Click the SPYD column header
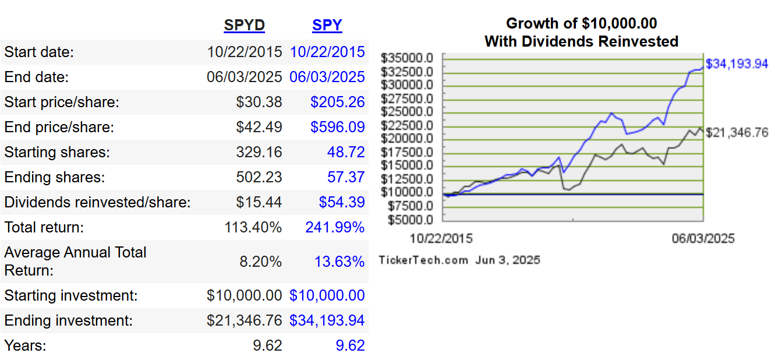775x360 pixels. (x=244, y=26)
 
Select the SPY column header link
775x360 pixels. (x=327, y=26)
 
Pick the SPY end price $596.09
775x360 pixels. (x=337, y=128)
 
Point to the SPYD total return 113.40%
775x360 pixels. (x=253, y=227)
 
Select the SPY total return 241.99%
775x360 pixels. (x=335, y=227)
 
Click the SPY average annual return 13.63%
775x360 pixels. (x=339, y=262)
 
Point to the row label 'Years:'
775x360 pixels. (x=25, y=345)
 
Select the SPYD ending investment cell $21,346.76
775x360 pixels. (x=244, y=320)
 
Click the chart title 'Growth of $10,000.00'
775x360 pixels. (x=581, y=23)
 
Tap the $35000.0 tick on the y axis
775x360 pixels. (x=407, y=58)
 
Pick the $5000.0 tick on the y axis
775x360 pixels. (x=409, y=220)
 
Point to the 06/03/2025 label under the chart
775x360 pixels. (x=703, y=239)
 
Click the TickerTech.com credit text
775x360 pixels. (x=423, y=260)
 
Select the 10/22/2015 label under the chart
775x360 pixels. (x=441, y=239)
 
